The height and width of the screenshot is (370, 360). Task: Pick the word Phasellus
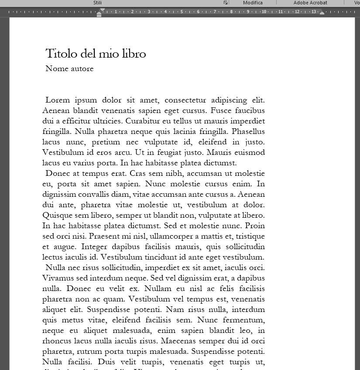pyautogui.click(x=248, y=132)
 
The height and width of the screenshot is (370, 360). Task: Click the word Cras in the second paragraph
pyautogui.click(x=132, y=174)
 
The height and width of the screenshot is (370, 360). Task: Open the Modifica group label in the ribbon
pyautogui.click(x=253, y=3)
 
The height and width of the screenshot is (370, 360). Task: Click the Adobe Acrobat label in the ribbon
pyautogui.click(x=310, y=3)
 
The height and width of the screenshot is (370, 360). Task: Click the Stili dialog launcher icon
pyautogui.click(x=226, y=3)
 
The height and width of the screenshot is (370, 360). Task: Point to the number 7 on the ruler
pyautogui.click(x=215, y=12)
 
